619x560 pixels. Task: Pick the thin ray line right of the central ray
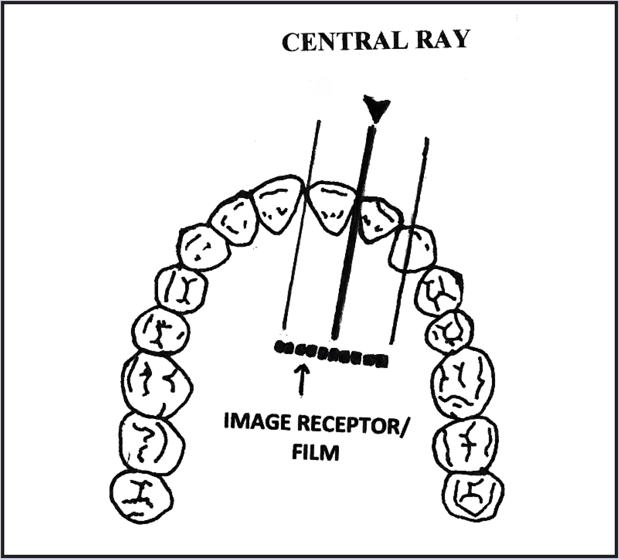tap(409, 237)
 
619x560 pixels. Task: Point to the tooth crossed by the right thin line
tap(412, 250)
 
